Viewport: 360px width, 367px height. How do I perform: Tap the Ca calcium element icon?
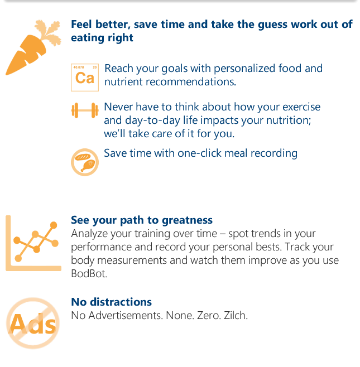point(85,78)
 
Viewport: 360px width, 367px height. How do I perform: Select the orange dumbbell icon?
point(85,110)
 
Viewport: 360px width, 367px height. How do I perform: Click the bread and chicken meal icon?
point(85,162)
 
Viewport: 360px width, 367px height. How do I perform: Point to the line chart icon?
point(33,243)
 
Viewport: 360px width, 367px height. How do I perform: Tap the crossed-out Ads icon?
point(33,323)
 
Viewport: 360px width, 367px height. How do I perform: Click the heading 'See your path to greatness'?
point(142,220)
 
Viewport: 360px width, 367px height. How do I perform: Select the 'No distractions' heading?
point(111,302)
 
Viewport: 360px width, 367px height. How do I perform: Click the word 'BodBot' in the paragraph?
point(89,274)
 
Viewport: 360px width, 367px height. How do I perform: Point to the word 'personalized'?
point(244,69)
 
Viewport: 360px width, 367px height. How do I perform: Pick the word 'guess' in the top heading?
point(272,25)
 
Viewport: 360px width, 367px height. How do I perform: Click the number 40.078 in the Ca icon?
point(79,67)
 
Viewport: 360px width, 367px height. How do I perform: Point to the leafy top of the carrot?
point(49,32)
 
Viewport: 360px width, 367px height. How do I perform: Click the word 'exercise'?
point(301,107)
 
